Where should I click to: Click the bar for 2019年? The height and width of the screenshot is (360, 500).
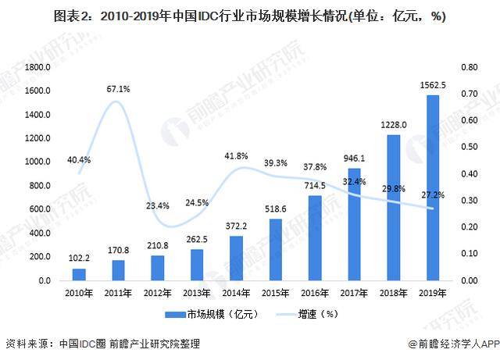point(433,187)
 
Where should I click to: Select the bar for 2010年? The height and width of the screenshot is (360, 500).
point(79,274)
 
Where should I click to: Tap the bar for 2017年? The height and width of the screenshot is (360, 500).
point(355,224)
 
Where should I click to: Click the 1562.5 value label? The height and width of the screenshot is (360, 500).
point(433,85)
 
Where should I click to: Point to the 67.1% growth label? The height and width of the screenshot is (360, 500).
point(118,89)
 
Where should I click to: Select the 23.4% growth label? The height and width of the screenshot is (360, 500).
point(158,205)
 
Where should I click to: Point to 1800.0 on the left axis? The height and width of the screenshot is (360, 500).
point(37,68)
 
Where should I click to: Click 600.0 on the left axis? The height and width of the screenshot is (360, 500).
point(40,209)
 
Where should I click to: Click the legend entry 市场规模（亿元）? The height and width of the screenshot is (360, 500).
point(209,314)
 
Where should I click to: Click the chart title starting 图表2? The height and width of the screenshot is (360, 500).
point(249,17)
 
